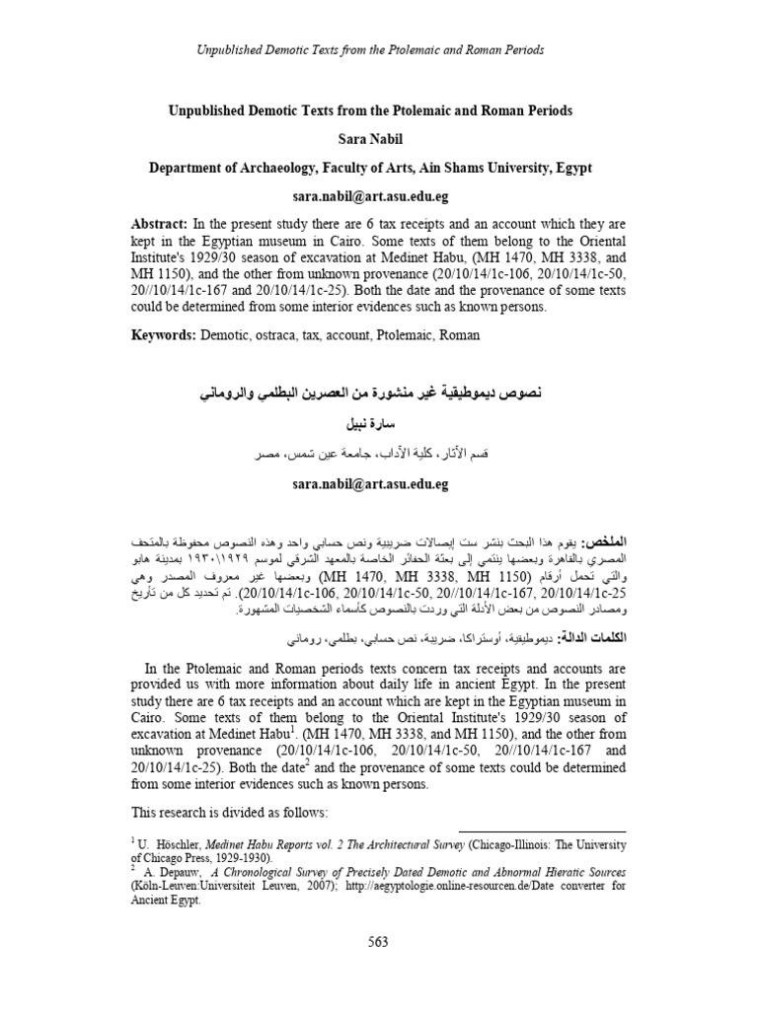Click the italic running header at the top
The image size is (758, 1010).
(379, 49)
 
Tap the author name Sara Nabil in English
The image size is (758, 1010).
(379, 139)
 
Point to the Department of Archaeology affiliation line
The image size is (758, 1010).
(379, 168)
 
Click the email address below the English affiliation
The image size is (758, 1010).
(379, 197)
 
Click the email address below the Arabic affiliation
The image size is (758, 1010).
(379, 484)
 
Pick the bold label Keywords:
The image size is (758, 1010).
(165, 334)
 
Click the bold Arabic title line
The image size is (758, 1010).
(379, 395)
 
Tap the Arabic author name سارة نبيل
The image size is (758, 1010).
(379, 425)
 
